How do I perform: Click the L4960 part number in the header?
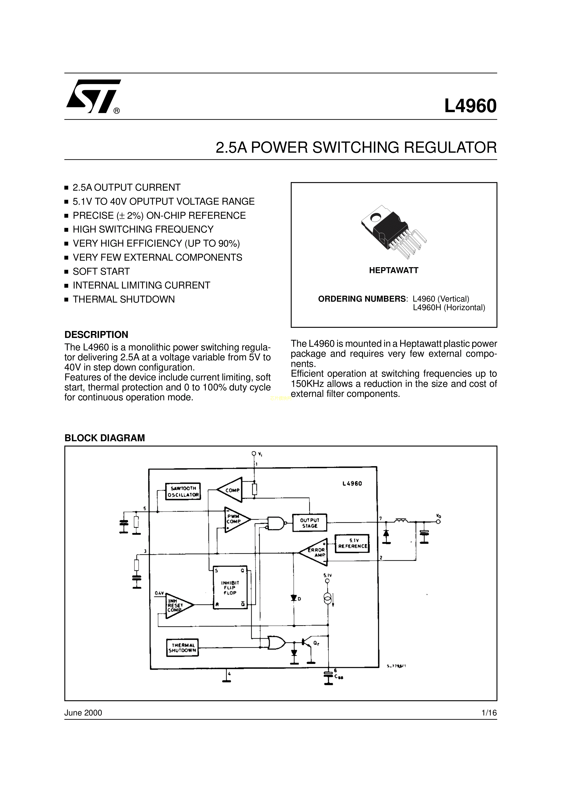click(x=470, y=106)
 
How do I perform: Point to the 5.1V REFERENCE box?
click(x=352, y=544)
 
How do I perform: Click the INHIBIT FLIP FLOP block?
click(x=229, y=588)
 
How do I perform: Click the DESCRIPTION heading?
click(x=96, y=334)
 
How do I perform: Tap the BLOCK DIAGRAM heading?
click(x=104, y=438)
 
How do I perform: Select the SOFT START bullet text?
click(x=101, y=271)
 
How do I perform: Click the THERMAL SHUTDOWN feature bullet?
click(x=124, y=299)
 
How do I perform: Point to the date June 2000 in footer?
click(x=83, y=713)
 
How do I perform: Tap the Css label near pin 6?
click(x=338, y=676)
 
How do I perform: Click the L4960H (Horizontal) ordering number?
click(x=449, y=307)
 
